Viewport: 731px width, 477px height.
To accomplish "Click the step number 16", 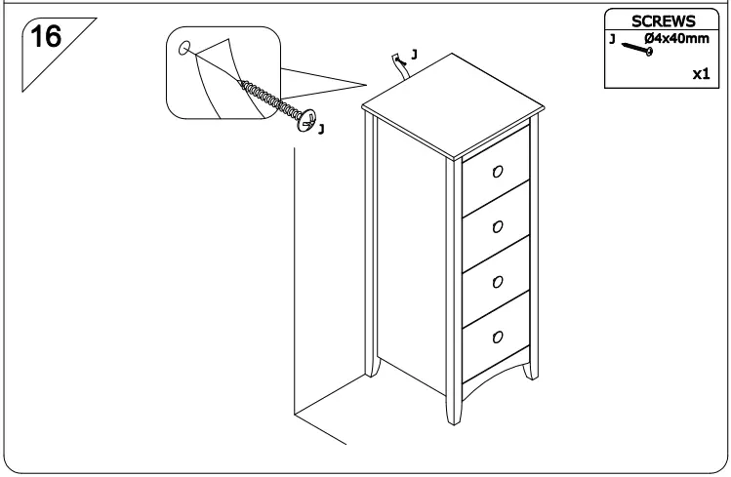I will [46, 38].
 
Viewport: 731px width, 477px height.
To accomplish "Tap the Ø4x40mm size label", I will [676, 39].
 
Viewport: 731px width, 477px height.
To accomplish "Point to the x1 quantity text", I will [700, 74].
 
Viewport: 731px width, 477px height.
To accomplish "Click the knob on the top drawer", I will [497, 171].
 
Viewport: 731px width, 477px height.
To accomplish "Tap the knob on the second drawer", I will [497, 226].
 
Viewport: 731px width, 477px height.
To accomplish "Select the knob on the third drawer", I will [497, 282].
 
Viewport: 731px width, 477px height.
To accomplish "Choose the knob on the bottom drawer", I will [497, 338].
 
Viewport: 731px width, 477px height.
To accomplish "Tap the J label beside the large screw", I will [322, 128].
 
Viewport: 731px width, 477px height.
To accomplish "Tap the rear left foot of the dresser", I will [372, 370].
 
